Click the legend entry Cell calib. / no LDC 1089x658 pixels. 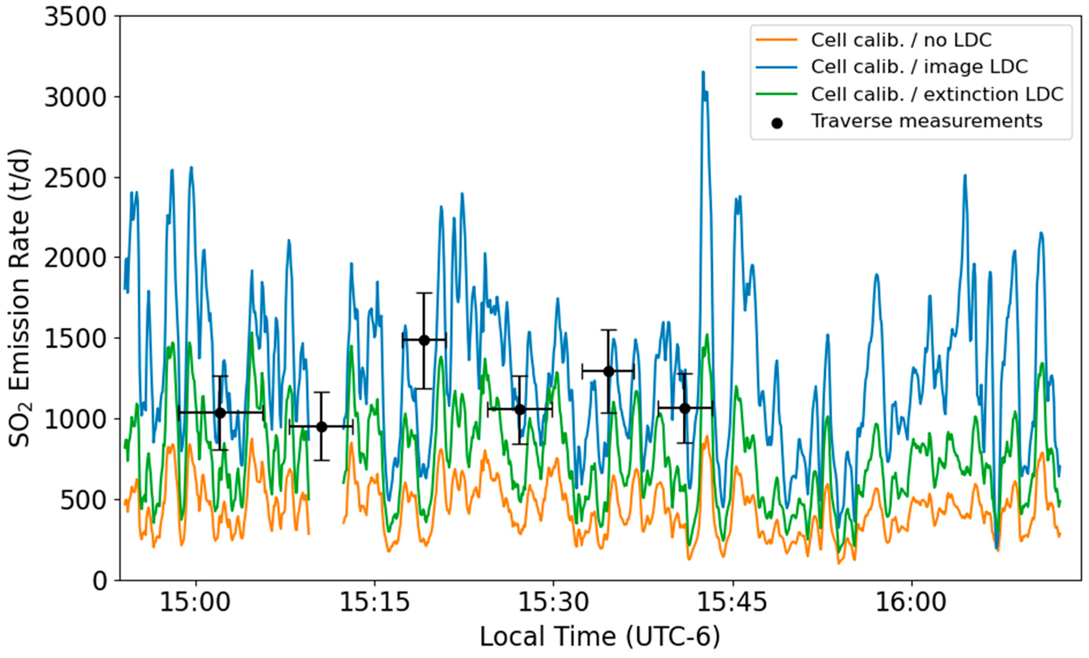tap(901, 40)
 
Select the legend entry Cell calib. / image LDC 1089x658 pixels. tap(919, 67)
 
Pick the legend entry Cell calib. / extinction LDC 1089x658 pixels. tap(937, 94)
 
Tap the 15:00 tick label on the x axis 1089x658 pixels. tap(195, 602)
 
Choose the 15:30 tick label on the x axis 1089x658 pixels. tap(553, 602)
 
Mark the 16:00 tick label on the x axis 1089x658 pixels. tap(911, 602)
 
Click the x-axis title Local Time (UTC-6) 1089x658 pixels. tap(600, 637)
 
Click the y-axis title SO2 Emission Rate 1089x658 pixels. tap(20, 299)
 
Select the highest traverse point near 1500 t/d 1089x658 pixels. tap(424, 340)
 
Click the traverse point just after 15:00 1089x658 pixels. tap(220, 413)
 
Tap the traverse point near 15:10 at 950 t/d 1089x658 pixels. tap(321, 427)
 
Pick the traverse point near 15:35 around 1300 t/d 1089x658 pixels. tap(608, 371)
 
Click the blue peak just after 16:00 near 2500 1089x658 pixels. tap(965, 176)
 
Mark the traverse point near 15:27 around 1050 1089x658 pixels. tap(520, 409)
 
